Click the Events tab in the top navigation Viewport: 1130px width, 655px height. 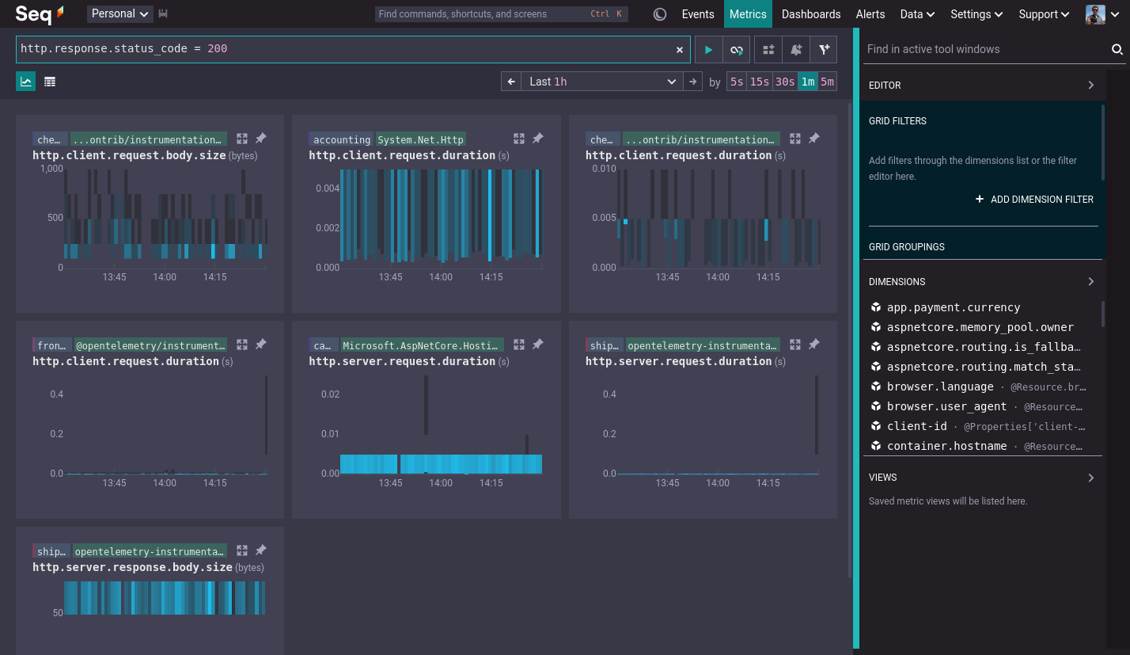coord(698,14)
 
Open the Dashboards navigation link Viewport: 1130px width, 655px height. coord(810,14)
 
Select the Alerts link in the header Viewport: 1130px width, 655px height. coord(870,14)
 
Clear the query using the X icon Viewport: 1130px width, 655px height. coord(680,49)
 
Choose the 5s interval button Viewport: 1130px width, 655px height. coord(737,82)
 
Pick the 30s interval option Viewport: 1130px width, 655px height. coord(784,82)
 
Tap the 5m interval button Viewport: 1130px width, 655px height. coord(828,82)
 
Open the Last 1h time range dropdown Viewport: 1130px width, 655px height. coord(602,82)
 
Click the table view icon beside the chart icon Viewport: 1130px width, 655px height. coord(49,82)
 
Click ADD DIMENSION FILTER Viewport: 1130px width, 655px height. coord(1034,200)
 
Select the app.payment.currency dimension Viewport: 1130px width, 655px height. coord(954,307)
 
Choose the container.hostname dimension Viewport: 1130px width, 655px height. coord(947,446)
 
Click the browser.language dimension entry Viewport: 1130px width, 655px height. coord(940,387)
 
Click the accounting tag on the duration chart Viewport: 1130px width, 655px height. coord(342,139)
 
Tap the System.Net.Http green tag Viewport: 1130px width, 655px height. coord(420,139)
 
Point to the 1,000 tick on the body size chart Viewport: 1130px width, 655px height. coord(51,169)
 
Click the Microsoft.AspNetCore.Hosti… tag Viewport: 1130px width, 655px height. coord(422,345)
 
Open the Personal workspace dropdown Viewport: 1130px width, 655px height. coord(119,14)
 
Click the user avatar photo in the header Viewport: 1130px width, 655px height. coord(1094,14)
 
